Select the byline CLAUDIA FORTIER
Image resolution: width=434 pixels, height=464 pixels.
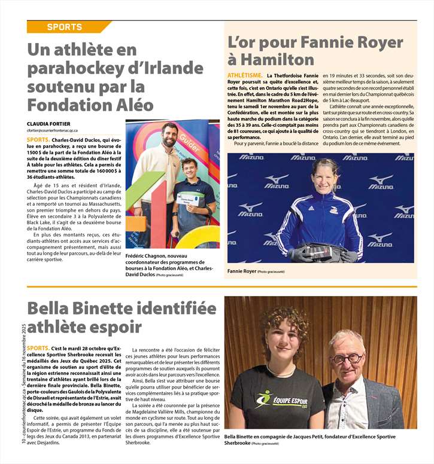[51, 124]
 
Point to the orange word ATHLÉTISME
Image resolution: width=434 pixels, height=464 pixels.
[245, 75]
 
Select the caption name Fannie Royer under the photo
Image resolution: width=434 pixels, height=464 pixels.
[241, 271]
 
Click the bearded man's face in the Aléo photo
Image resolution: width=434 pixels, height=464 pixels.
[169, 135]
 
